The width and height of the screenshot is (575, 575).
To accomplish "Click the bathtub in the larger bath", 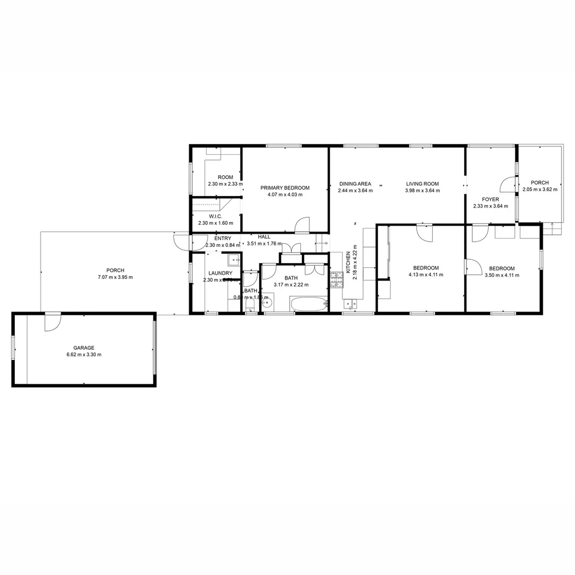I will pos(308,304).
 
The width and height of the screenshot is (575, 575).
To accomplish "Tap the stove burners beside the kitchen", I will pos(336,280).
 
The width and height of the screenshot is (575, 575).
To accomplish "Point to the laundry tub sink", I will pos(234,260).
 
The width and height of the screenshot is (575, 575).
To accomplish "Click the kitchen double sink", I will pos(351,305).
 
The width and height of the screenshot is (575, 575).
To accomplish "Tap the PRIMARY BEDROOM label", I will pos(285,188).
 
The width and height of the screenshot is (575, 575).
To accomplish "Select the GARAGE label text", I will pos(84,348).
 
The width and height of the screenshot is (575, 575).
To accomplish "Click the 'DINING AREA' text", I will pos(355,184).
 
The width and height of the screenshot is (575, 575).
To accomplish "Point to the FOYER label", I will pos(490,200).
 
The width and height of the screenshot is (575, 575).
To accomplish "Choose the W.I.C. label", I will pos(216,217).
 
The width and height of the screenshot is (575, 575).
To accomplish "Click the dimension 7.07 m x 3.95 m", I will pos(116,277).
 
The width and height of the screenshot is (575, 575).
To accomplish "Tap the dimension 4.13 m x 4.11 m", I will pos(426,275).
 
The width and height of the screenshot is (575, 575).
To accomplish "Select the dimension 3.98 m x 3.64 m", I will pos(422,191).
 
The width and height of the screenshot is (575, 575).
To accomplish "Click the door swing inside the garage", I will pos(53,322).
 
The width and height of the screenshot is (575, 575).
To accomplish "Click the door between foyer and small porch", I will pos(508,184).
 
